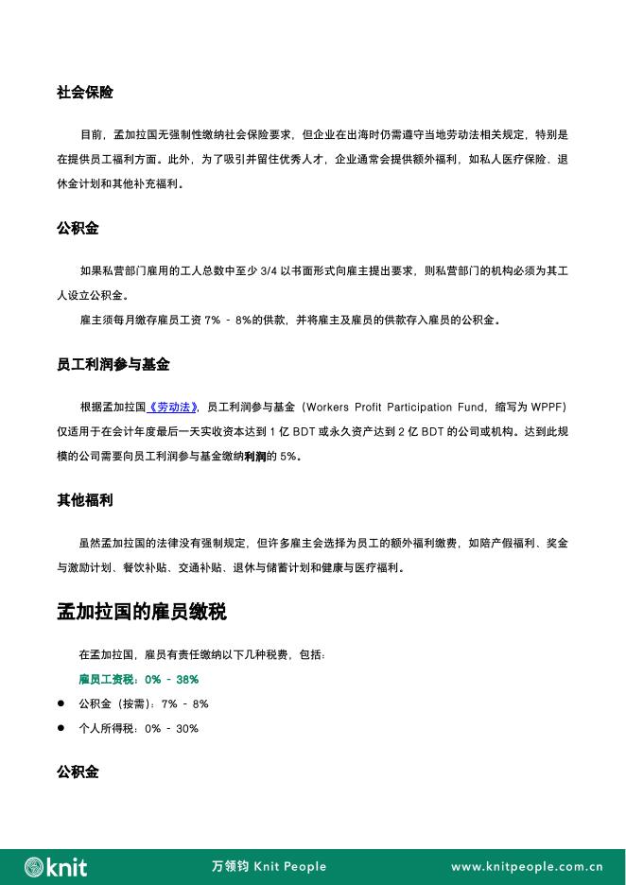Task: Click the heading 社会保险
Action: [x=85, y=93]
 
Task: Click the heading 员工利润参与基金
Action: [x=113, y=364]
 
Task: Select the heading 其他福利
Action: [x=85, y=500]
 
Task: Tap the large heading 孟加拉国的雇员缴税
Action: [x=142, y=612]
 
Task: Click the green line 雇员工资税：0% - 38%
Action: [x=138, y=680]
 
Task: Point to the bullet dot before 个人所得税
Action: [x=61, y=728]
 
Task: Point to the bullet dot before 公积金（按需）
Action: [x=61, y=704]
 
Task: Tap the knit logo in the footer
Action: [x=56, y=866]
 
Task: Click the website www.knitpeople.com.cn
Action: [x=527, y=866]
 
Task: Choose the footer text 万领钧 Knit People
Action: [x=269, y=866]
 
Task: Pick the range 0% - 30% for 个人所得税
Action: [x=172, y=729]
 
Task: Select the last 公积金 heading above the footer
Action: [x=78, y=772]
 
